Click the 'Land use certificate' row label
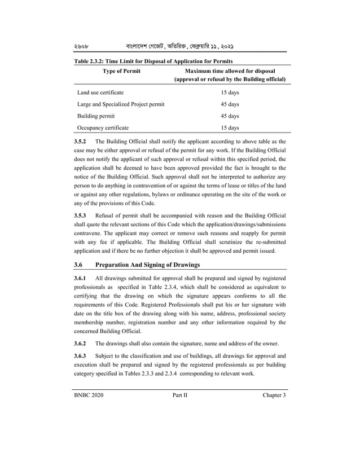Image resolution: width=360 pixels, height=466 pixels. click(100, 92)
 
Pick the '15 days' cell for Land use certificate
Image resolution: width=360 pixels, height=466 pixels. click(230, 92)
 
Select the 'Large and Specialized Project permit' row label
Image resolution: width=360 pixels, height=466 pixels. click(121, 104)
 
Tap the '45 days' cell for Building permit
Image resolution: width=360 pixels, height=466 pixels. click(230, 116)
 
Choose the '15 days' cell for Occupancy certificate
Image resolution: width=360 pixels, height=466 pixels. click(230, 128)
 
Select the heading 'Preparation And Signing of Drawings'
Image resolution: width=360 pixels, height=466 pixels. click(148, 265)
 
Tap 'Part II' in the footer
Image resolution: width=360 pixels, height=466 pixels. click(180, 395)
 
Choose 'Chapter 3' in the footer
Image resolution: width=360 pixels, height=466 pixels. click(274, 395)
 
